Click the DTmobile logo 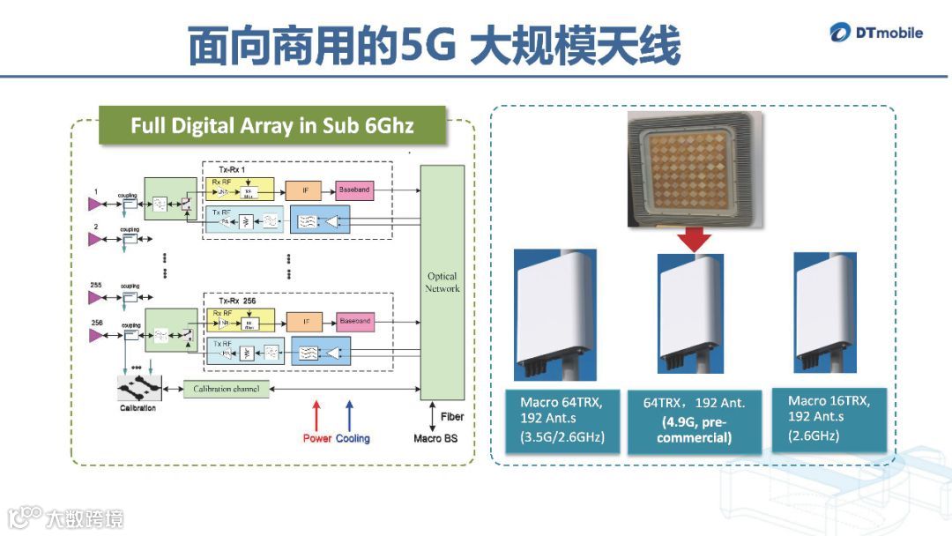pos(876,33)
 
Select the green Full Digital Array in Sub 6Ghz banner pos(272,125)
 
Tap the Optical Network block pos(442,283)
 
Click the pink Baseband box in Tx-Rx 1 pos(355,190)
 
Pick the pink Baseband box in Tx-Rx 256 pos(355,322)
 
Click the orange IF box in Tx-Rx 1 pos(305,190)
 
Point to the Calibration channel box pos(227,389)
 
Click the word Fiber pos(450,417)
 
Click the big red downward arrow pos(694,238)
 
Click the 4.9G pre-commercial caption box pos(694,421)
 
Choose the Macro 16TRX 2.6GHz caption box pos(829,417)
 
